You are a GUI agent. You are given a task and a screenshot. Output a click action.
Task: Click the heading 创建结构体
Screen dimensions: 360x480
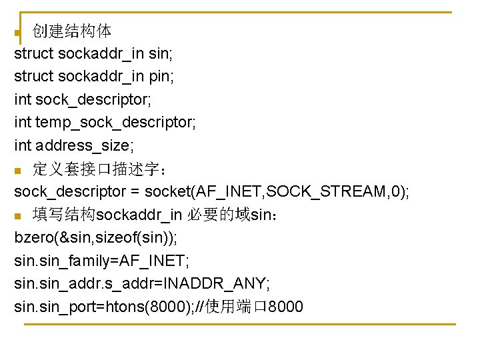click(x=72, y=31)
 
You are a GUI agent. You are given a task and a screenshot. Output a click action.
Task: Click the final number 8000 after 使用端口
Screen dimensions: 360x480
click(x=285, y=307)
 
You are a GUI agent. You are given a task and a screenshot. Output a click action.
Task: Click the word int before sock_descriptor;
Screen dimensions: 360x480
click(x=23, y=100)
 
